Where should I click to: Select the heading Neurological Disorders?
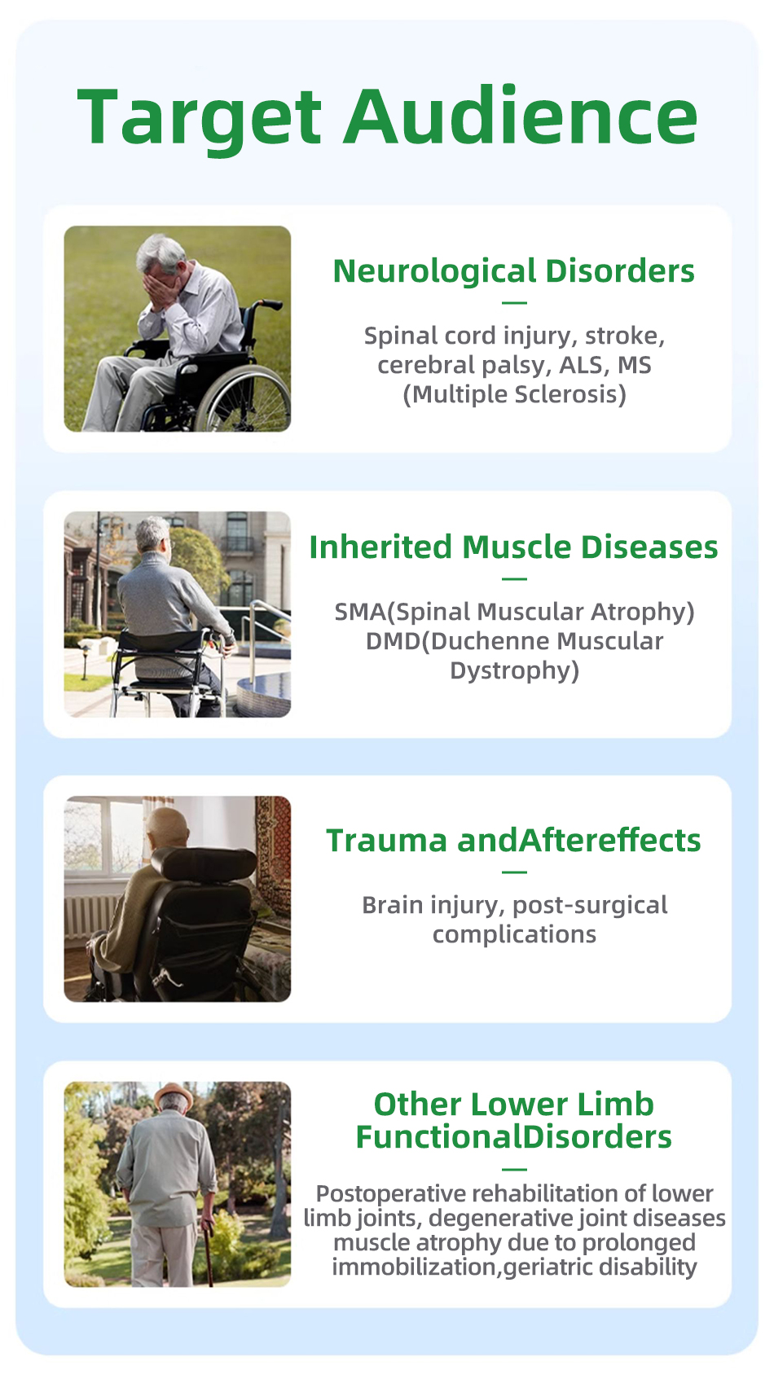(514, 271)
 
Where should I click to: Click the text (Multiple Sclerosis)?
(514, 394)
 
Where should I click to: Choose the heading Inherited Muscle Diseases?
(514, 547)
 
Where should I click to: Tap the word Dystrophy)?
(514, 670)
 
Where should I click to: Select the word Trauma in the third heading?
(387, 841)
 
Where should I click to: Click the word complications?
(514, 935)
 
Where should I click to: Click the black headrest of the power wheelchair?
(204, 863)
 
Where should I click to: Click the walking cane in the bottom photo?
(208, 1253)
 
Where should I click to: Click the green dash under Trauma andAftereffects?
(514, 872)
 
